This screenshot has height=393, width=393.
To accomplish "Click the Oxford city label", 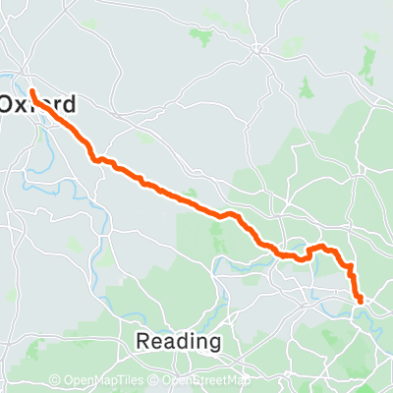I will point(37,102).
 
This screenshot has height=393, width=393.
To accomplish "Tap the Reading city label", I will point(177,341).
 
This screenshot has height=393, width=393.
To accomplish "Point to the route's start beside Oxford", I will point(32,91).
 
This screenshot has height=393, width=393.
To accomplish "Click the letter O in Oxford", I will point(8,102).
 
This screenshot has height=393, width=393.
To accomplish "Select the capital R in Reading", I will point(141,341).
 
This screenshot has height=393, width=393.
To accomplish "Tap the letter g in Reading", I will point(213,343).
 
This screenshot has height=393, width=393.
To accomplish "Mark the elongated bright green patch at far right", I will point(368,65).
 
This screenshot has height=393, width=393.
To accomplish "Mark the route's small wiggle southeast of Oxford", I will point(98,158).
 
